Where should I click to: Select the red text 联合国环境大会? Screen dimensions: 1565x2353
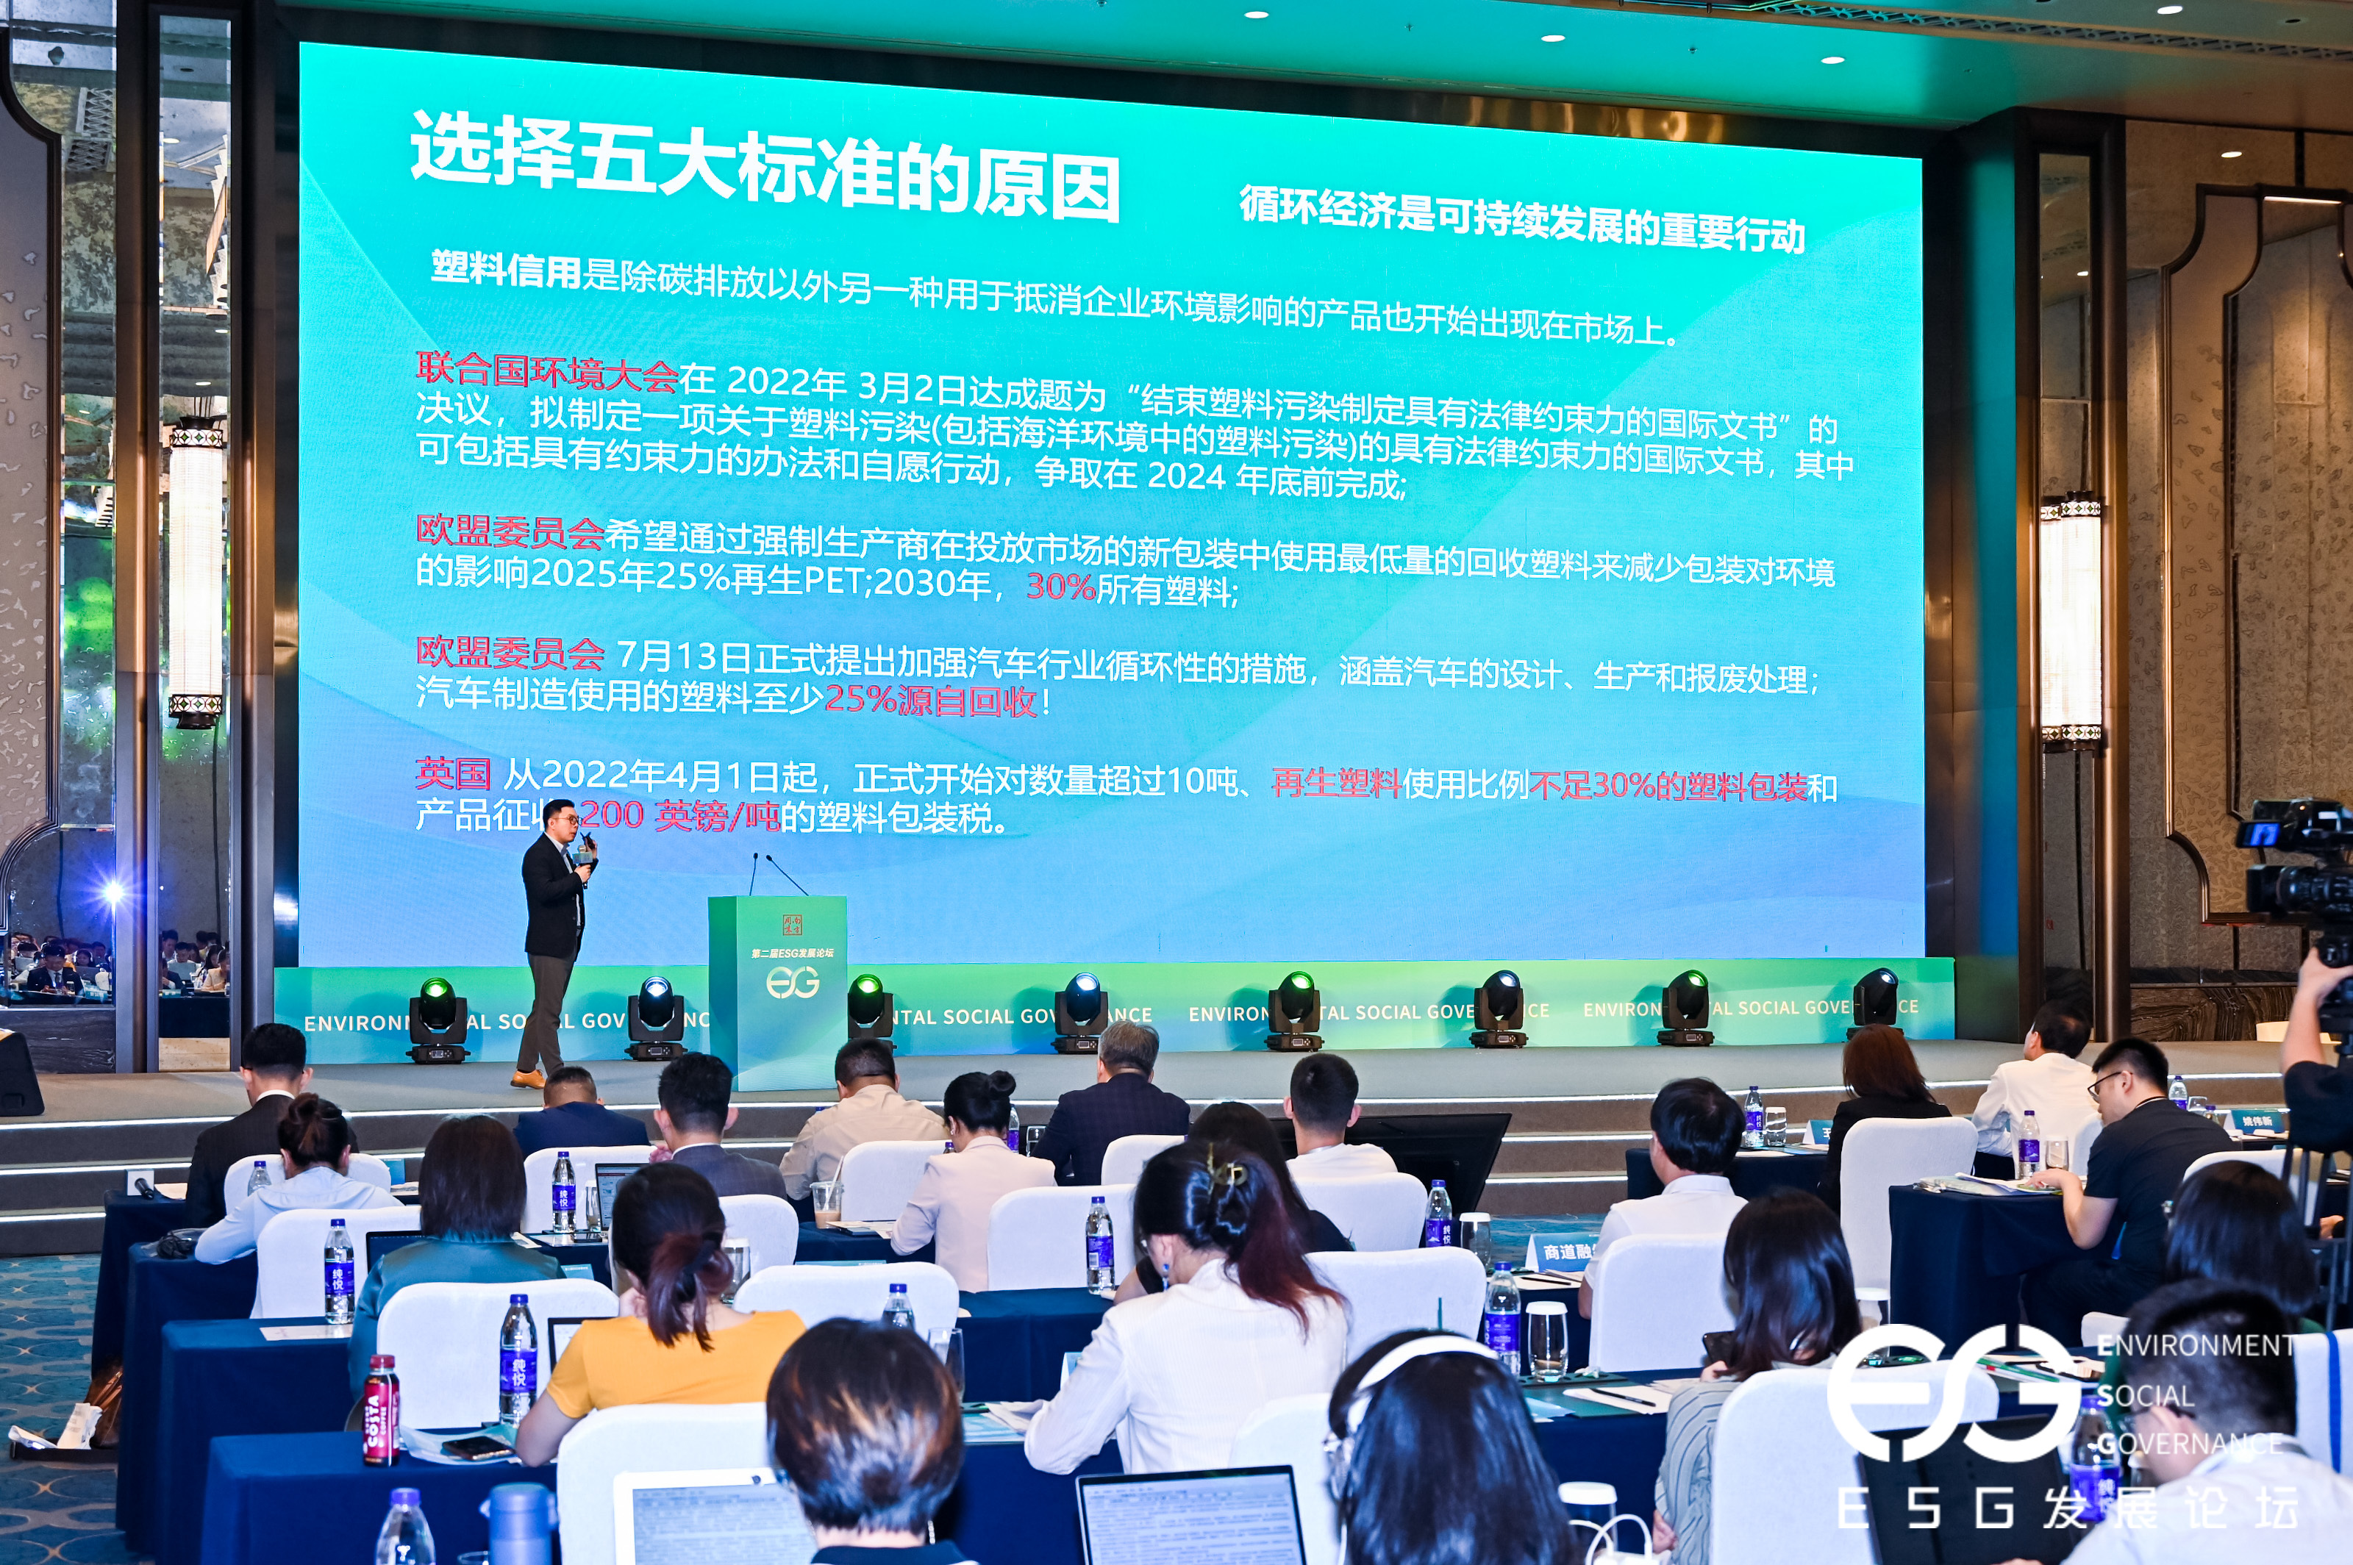[546, 371]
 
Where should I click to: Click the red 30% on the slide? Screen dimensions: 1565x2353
[1060, 586]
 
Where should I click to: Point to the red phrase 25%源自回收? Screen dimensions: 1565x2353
[930, 700]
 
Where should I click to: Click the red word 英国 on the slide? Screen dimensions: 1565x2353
[453, 773]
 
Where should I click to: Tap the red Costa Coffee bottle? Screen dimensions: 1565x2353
[380, 1408]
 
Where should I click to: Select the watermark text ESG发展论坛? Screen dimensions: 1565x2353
[2066, 1507]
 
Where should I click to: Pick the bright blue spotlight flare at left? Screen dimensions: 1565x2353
[112, 891]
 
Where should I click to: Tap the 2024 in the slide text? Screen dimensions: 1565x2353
[1186, 476]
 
